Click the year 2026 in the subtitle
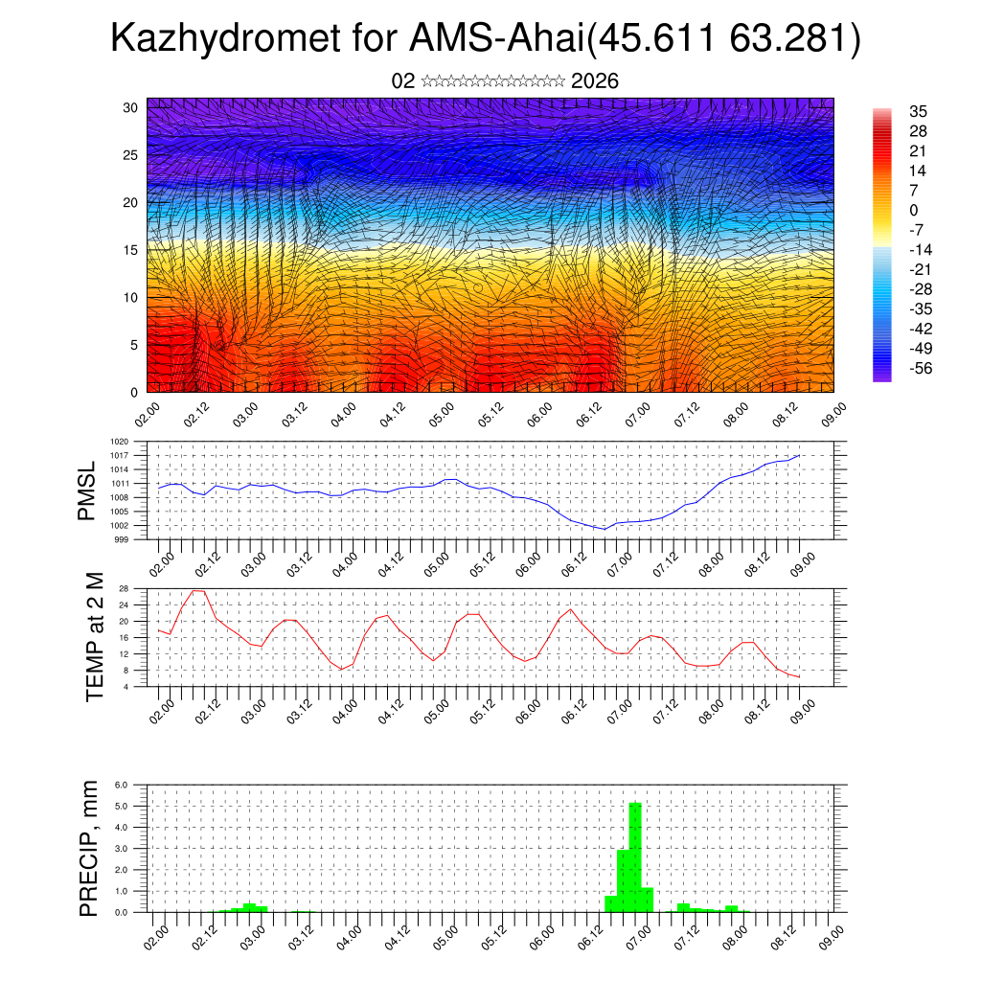[594, 81]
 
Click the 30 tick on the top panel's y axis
[131, 107]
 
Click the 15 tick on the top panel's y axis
[131, 250]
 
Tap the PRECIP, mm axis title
[89, 848]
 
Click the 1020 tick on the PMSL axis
[120, 442]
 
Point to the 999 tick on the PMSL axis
[123, 539]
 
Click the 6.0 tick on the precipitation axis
[122, 785]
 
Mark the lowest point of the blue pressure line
[604, 529]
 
